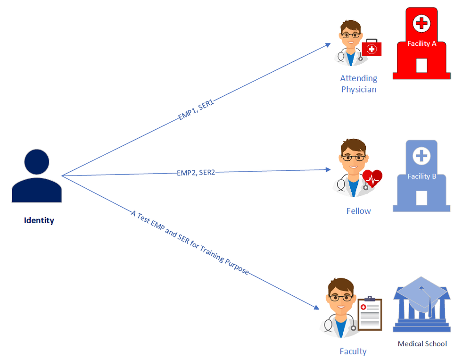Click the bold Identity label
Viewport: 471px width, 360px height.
39,220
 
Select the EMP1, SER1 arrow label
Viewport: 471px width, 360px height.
196,110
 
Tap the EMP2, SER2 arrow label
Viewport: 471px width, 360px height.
196,173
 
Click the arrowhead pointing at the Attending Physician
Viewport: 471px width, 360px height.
328,45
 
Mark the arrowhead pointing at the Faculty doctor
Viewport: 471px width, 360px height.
316,307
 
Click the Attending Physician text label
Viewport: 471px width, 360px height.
359,84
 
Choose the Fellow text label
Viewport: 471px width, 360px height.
358,211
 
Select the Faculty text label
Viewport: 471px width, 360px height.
353,351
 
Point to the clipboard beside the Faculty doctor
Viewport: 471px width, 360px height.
370,314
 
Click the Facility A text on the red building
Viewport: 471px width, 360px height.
422,43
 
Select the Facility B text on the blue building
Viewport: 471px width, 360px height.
421,176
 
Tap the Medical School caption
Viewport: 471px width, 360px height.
422,343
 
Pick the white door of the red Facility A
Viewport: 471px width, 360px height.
421,66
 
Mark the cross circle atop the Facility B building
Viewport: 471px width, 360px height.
421,156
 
